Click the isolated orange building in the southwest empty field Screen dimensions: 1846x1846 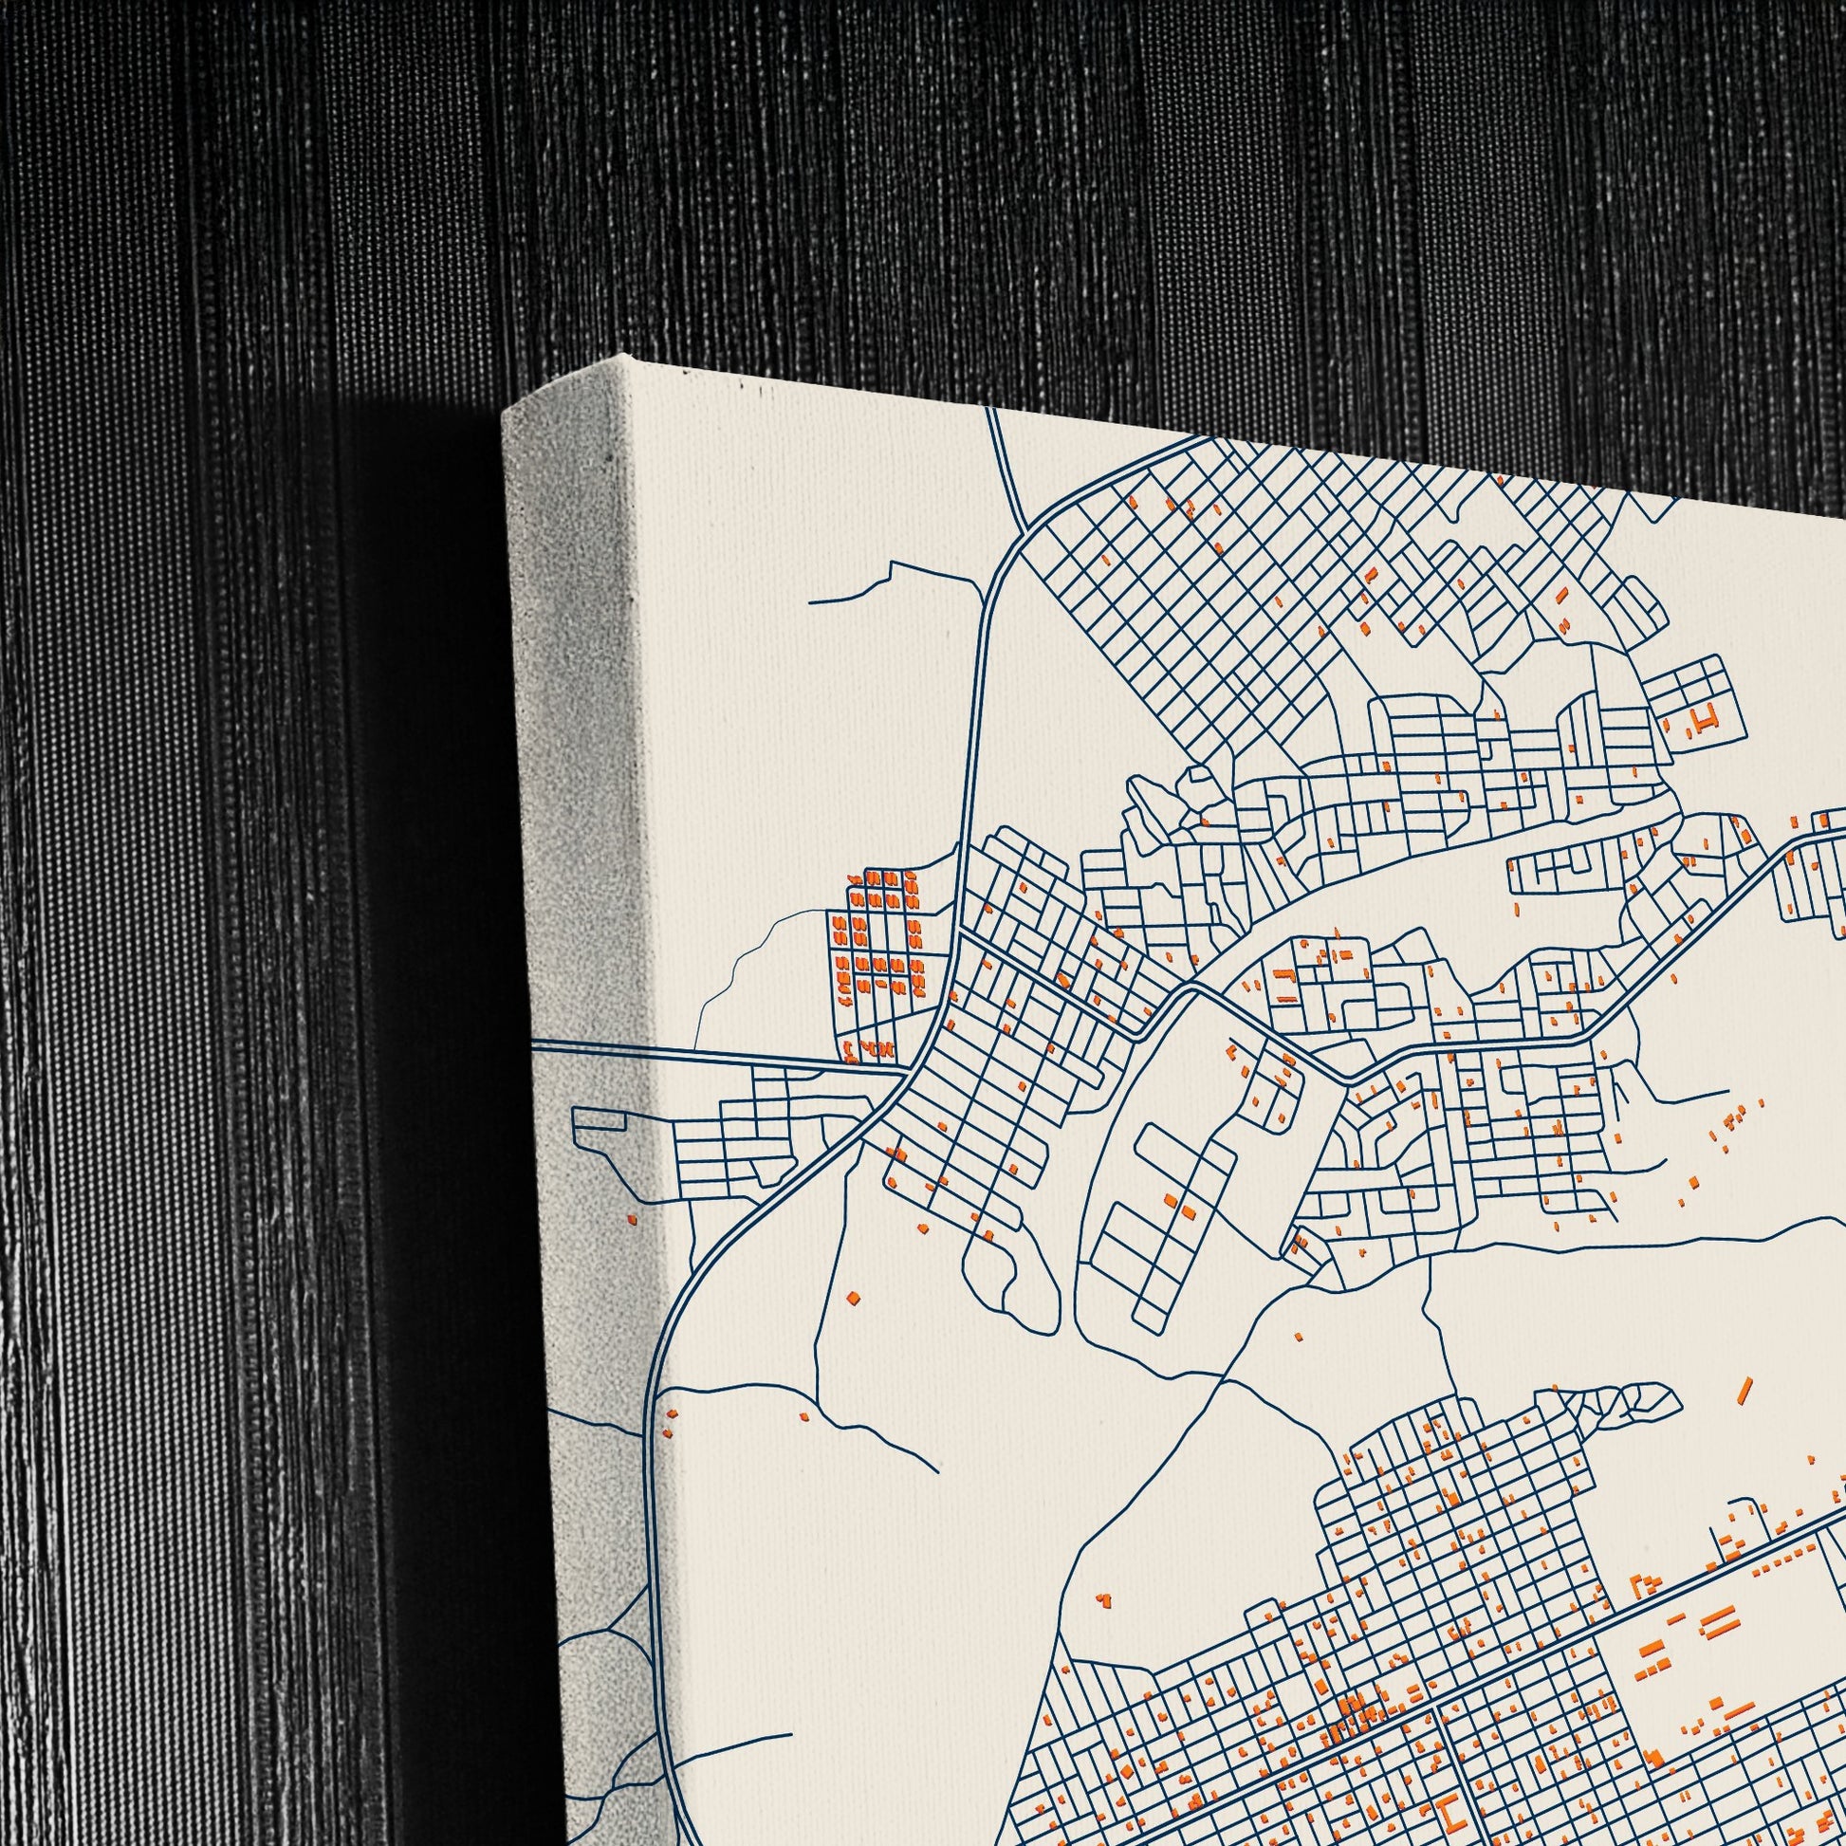pos(1103,1597)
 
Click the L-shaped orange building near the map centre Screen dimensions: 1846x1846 pos(1285,974)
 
